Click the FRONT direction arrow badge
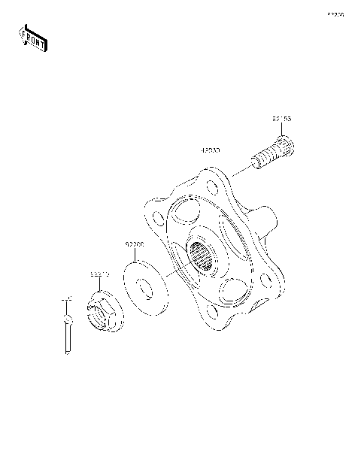point(32,38)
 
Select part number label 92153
point(282,119)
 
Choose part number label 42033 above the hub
point(211,150)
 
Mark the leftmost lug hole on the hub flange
point(156,219)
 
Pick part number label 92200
point(135,245)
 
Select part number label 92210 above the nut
point(100,275)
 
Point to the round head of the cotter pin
point(67,322)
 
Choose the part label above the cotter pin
point(66,299)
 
